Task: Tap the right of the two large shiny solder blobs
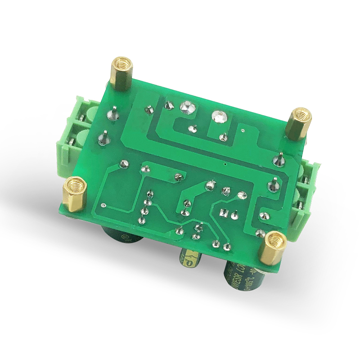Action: pyautogui.click(x=219, y=116)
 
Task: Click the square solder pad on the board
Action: pyautogui.click(x=222, y=211)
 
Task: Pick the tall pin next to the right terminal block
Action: pyautogui.click(x=280, y=158)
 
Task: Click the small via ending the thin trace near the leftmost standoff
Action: pyautogui.click(x=104, y=206)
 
